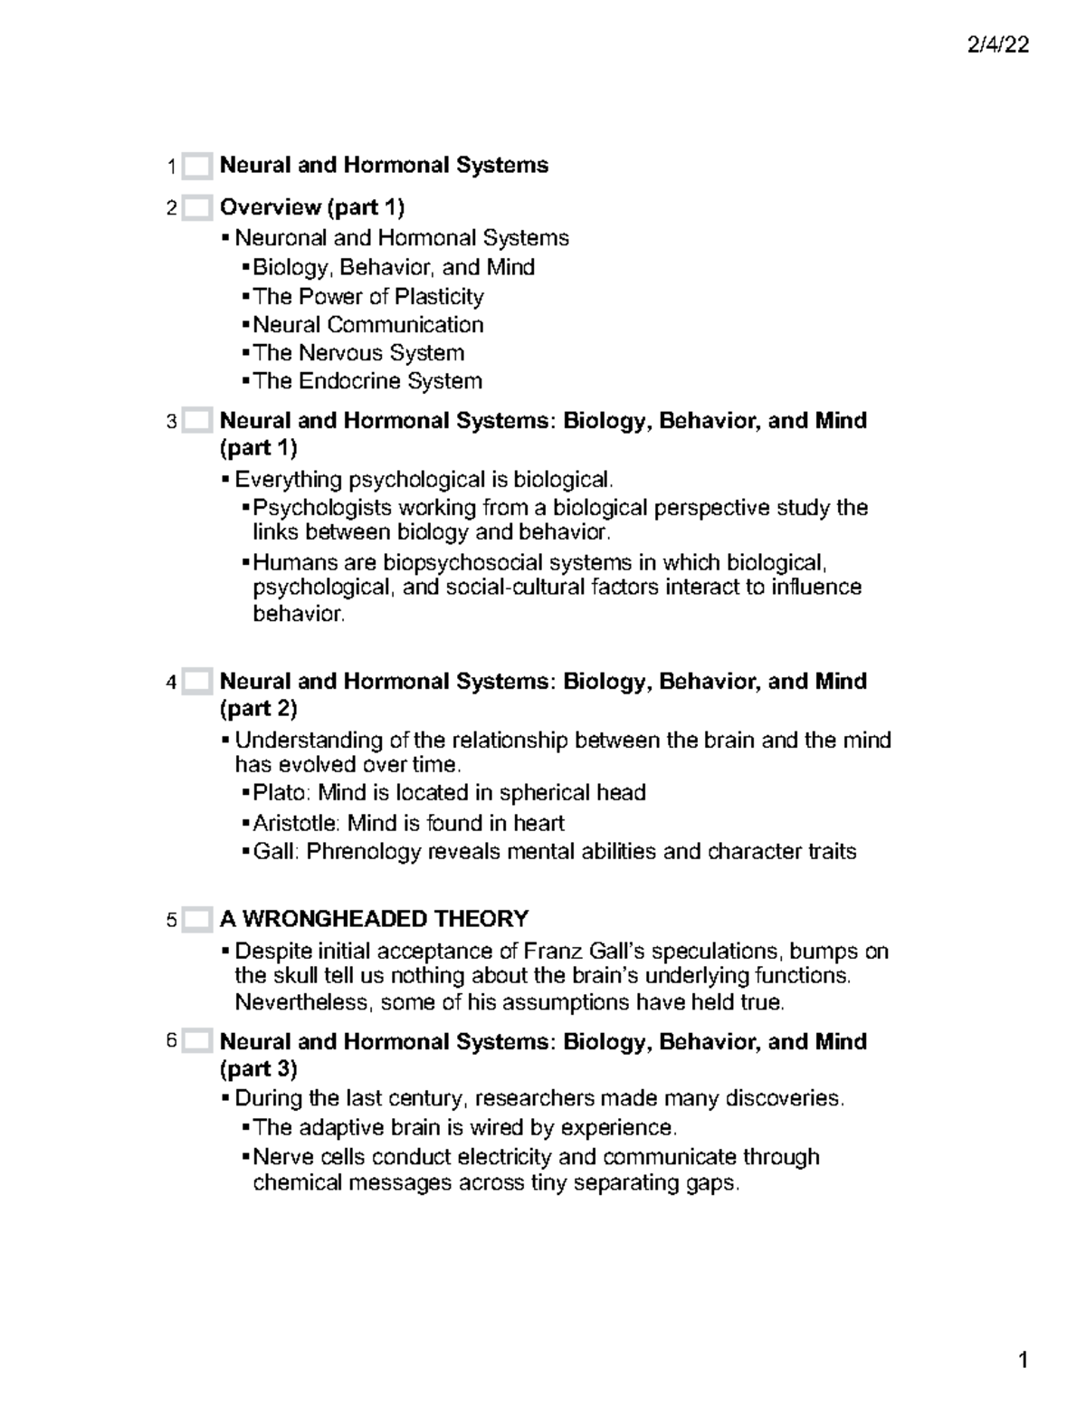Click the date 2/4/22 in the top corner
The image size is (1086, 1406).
(997, 45)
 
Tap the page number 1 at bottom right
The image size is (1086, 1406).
(1024, 1361)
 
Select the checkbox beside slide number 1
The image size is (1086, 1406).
(196, 167)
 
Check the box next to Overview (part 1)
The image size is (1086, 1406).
(196, 208)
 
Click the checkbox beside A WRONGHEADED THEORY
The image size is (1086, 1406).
(196, 920)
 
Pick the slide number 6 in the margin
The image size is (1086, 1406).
(172, 1041)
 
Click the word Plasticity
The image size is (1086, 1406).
(439, 296)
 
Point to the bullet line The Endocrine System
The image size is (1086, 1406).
(367, 381)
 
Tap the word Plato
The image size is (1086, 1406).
(280, 793)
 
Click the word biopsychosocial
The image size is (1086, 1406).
(461, 562)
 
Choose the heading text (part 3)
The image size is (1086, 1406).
(258, 1069)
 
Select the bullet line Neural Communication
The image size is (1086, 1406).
(367, 324)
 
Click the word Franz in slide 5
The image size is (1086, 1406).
(554, 952)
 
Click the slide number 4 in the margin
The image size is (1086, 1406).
(172, 683)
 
